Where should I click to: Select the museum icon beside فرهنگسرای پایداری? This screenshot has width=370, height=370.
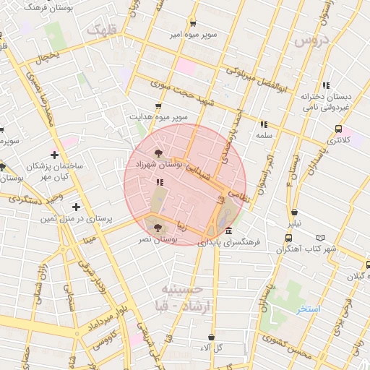click(x=228, y=231)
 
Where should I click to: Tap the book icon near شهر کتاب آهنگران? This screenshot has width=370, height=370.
click(x=321, y=237)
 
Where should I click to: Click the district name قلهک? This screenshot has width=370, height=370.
click(x=101, y=31)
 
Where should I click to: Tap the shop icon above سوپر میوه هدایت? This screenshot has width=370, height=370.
click(x=158, y=106)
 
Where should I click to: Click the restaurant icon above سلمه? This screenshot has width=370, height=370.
click(x=262, y=124)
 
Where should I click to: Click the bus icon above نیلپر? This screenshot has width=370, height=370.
click(x=294, y=213)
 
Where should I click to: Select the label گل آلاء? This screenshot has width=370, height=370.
click(x=211, y=348)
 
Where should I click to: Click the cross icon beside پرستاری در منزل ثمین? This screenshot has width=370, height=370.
click(x=76, y=207)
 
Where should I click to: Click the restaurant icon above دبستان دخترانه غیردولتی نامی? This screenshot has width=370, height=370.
click(x=327, y=85)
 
